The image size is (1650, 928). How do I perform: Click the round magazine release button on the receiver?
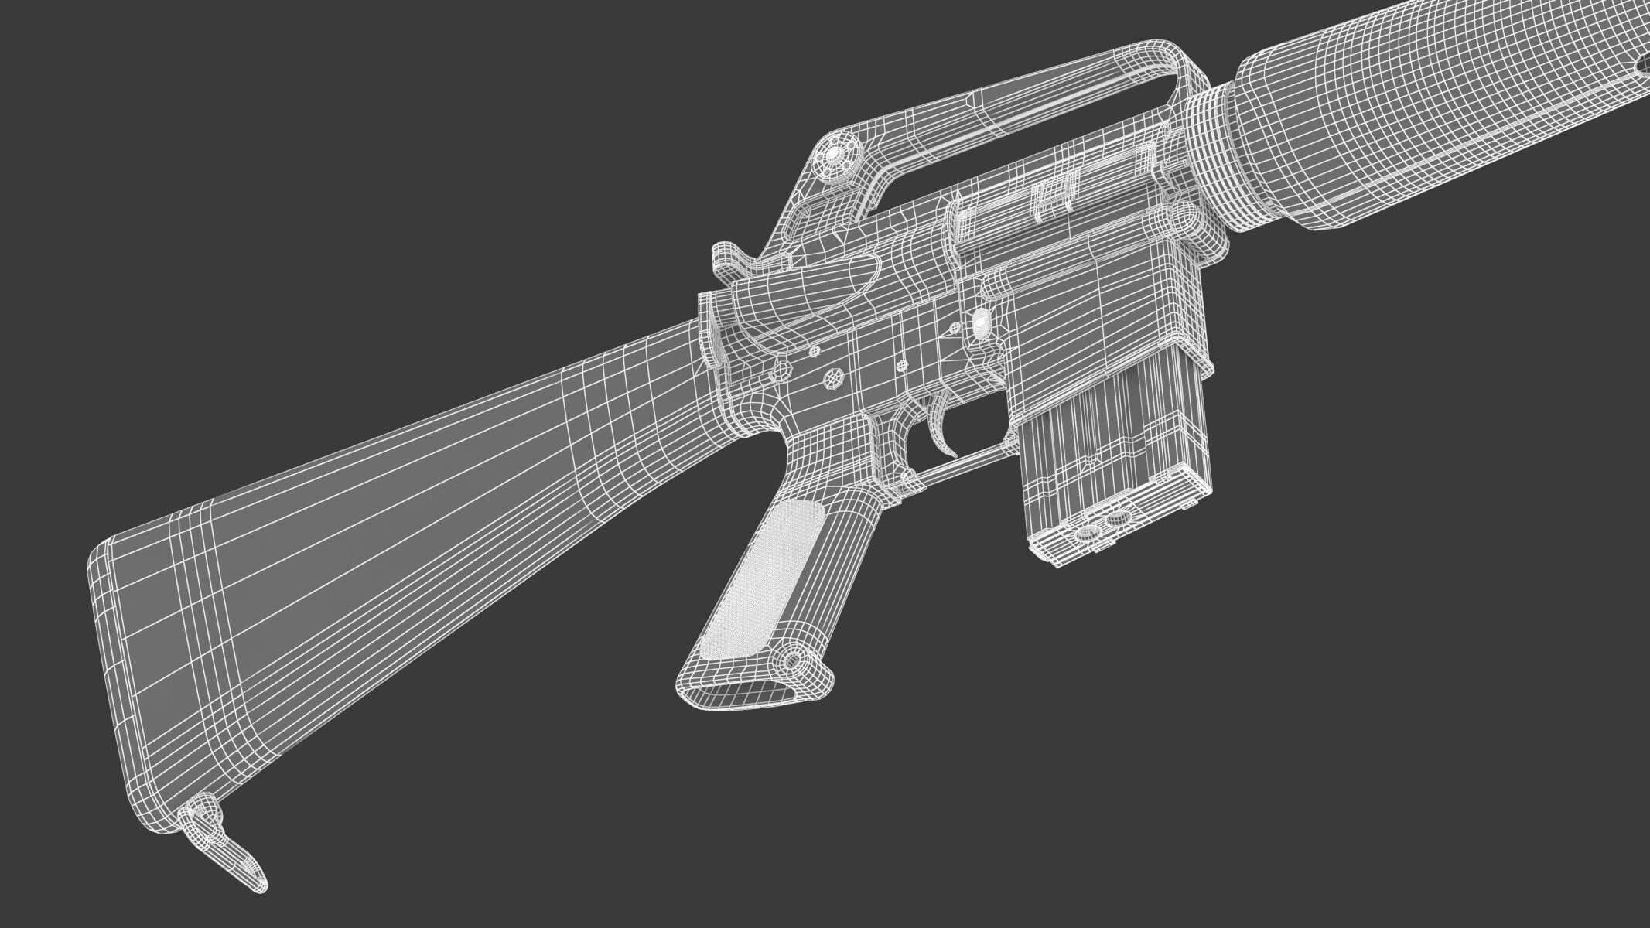pyautogui.click(x=981, y=319)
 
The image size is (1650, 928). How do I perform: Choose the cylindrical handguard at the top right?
pyautogui.click(x=1431, y=108)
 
